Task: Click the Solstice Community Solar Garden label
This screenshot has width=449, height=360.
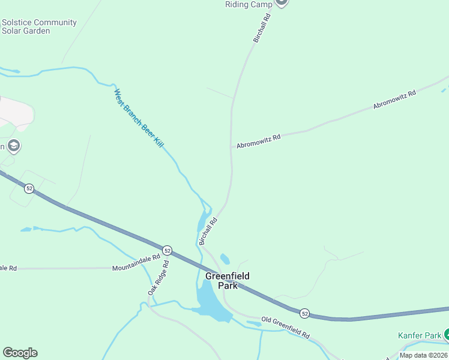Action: (39, 26)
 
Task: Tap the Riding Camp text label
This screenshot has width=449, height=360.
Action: (249, 4)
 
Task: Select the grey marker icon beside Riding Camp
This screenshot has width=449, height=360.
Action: (282, 2)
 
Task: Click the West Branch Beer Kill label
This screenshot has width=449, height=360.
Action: (139, 118)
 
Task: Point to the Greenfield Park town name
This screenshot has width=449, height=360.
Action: (227, 281)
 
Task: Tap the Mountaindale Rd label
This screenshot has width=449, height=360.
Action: (136, 263)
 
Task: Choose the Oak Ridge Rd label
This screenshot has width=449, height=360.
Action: (159, 277)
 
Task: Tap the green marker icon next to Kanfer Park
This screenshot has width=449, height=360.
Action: (447, 335)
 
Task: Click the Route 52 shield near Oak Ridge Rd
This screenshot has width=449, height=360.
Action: (167, 250)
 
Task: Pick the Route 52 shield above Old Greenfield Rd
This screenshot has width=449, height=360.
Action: (305, 314)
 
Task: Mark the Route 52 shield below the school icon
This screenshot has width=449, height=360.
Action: (29, 188)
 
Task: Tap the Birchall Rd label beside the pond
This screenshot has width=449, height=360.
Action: (207, 231)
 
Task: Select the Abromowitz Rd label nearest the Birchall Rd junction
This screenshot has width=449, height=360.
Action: (258, 142)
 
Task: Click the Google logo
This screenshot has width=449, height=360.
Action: (20, 353)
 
